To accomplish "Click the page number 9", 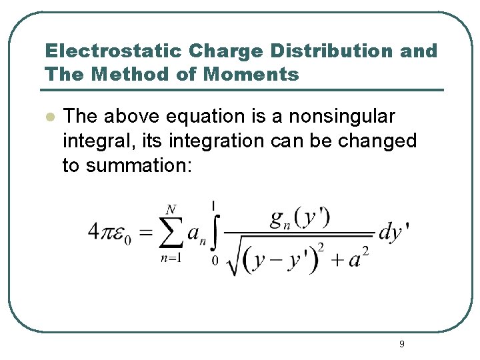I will [401, 344].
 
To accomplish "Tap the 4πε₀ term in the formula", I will [109, 233].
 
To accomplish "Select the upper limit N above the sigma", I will [171, 209].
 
